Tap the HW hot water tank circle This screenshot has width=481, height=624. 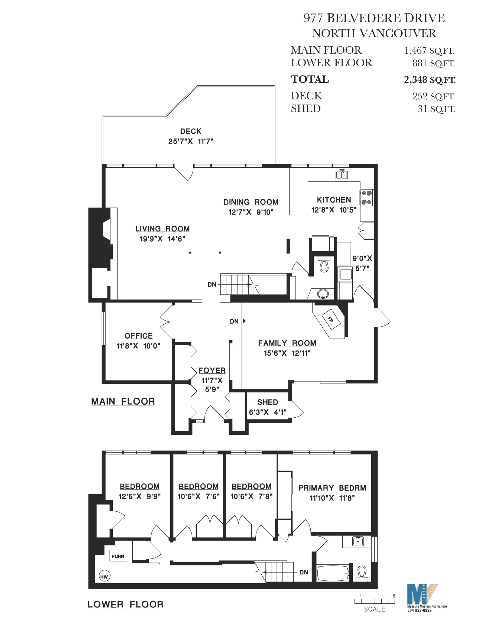click(x=104, y=577)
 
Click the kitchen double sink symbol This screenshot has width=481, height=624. click(x=342, y=174)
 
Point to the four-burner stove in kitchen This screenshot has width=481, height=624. click(x=367, y=198)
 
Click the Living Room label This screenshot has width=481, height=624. click(x=162, y=229)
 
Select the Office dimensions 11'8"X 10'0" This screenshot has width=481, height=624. click(x=138, y=346)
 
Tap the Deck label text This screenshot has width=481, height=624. click(x=190, y=131)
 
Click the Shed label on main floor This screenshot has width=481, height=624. click(x=268, y=402)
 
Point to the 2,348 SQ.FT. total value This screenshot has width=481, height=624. click(x=429, y=80)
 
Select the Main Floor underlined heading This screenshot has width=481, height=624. click(x=123, y=401)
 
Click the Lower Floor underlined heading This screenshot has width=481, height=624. click(x=125, y=604)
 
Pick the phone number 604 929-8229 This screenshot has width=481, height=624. click(x=419, y=610)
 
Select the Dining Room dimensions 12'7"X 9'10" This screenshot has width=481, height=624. click(x=251, y=212)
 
